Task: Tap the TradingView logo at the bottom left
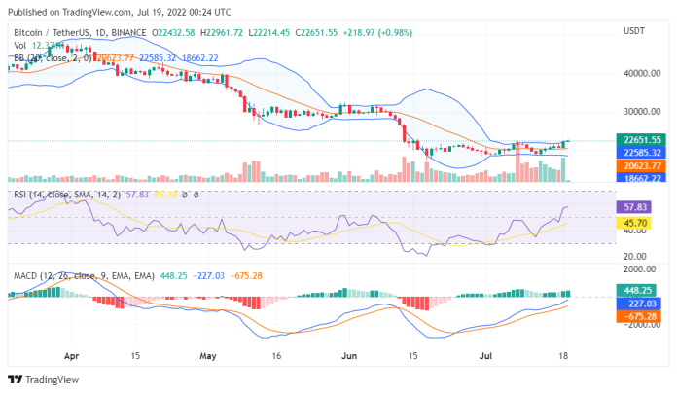[x=34, y=379]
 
